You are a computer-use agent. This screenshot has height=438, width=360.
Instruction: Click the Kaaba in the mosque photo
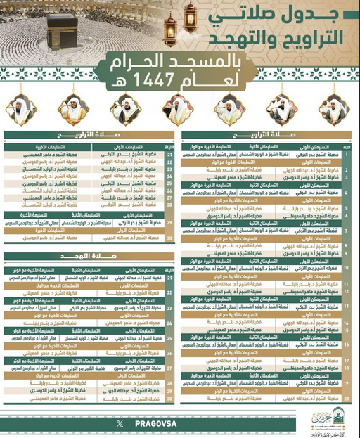[x=60, y=29]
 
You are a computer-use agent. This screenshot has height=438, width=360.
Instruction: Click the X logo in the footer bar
[x=119, y=423]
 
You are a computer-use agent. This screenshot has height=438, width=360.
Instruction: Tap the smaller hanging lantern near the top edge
[x=191, y=13]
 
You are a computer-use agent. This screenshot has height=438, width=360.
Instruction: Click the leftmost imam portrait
[x=22, y=109]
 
